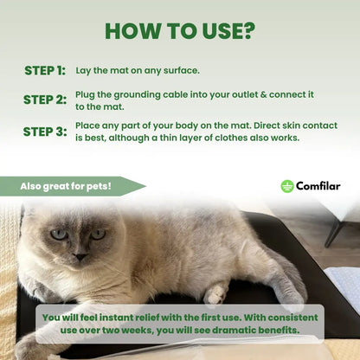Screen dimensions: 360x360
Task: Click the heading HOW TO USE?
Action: pos(180,31)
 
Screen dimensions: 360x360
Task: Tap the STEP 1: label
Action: pos(45,71)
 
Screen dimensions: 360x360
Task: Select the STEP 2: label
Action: pos(45,100)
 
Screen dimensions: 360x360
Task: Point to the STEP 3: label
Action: pos(45,132)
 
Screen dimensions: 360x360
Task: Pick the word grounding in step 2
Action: pos(137,95)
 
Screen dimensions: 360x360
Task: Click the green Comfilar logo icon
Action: pos(287,186)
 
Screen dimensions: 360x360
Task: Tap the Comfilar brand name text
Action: pos(318,186)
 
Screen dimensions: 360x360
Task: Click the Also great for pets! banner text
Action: pos(66,186)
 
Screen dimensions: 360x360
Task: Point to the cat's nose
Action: pos(80,256)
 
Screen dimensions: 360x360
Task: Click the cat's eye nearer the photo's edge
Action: pos(60,234)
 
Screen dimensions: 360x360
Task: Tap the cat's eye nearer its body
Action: pos(98,234)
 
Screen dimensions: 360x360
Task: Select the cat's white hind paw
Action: pos(215,293)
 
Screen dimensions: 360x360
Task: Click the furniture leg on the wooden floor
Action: pos(335,232)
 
